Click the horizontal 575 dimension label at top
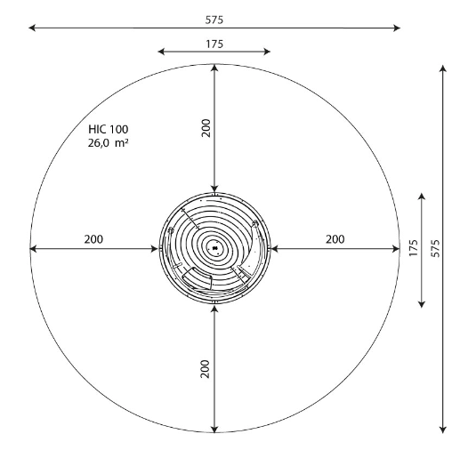214,20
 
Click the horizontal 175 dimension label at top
214,44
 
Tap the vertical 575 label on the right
435,248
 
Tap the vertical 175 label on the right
413,248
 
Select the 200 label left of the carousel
93,239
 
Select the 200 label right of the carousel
335,239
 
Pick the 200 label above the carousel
206,128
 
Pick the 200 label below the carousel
205,369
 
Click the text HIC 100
109,129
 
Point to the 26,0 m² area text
108,143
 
